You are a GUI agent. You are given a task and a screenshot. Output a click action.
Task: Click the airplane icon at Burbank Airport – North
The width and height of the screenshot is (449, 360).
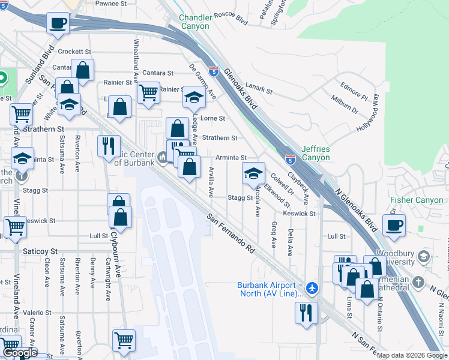(x=311, y=288)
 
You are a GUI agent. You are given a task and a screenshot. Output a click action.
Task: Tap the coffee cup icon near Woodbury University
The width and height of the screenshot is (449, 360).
(x=394, y=226)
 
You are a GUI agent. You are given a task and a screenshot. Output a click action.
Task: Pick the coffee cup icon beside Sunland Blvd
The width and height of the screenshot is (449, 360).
(x=58, y=24)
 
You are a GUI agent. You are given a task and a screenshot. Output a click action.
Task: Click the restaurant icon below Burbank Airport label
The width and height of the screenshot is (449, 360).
(x=306, y=312)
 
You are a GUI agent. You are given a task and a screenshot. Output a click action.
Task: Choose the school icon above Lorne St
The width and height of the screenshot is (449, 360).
(x=194, y=97)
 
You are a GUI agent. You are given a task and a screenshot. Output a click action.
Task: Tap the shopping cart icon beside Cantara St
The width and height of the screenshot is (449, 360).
(x=148, y=92)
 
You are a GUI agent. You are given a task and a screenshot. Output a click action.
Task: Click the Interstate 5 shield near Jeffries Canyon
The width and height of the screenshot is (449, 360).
(x=290, y=160)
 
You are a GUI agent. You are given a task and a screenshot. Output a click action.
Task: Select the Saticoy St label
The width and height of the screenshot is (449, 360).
(x=40, y=250)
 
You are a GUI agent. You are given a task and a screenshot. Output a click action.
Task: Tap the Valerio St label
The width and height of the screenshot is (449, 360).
(x=38, y=312)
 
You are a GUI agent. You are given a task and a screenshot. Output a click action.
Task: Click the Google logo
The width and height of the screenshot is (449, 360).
(x=19, y=354)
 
